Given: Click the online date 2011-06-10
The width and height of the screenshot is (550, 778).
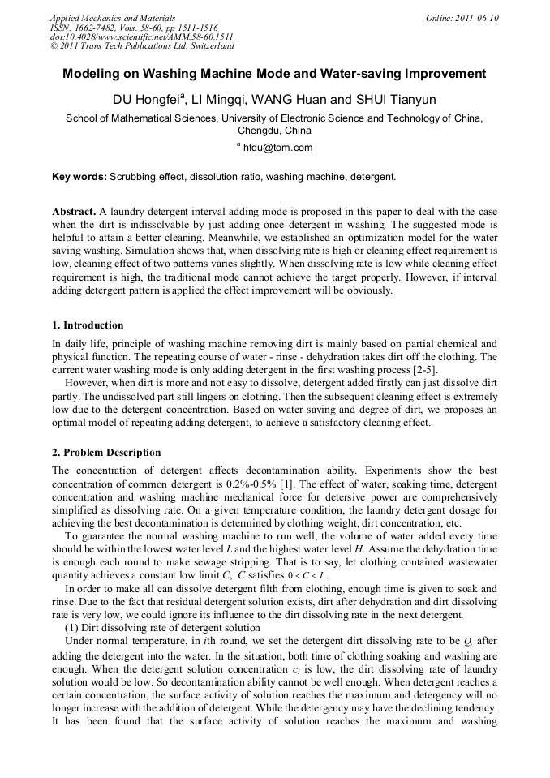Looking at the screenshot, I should (476, 18).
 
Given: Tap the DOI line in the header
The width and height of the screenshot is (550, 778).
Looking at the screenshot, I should (141, 37).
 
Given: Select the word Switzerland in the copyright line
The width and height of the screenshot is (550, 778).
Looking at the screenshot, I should (200, 45).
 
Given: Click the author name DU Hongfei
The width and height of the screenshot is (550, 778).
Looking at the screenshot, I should (148, 101).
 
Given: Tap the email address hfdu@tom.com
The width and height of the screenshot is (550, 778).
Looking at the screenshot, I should (277, 147).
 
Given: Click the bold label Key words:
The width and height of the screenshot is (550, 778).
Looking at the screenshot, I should (79, 176).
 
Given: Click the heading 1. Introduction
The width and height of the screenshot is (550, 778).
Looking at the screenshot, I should (88, 325).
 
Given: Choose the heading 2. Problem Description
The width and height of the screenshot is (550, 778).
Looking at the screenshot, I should (106, 453).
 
